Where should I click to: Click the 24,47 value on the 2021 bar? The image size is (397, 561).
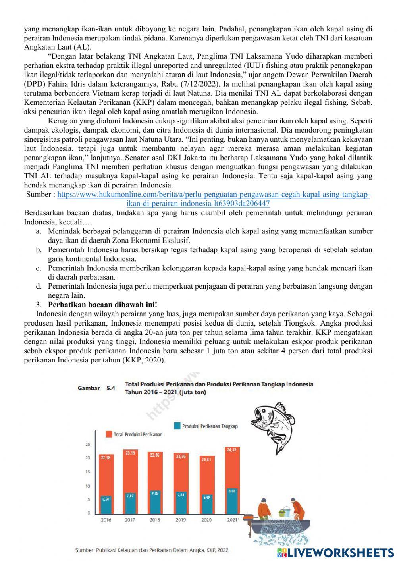point(231,450)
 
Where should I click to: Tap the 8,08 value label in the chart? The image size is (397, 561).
point(231,491)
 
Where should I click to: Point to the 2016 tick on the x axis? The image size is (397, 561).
point(106,520)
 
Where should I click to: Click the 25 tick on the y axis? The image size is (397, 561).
point(88,444)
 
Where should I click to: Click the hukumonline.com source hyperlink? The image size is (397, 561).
point(214,195)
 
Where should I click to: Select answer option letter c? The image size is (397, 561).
point(39,268)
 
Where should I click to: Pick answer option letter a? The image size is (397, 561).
point(39,231)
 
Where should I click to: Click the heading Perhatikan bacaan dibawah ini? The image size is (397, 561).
point(102,305)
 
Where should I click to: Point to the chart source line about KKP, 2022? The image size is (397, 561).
point(152,550)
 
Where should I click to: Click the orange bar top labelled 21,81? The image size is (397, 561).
point(206,459)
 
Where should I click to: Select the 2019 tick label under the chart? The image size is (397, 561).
point(181,520)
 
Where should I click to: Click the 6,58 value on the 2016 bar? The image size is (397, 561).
point(106,499)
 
